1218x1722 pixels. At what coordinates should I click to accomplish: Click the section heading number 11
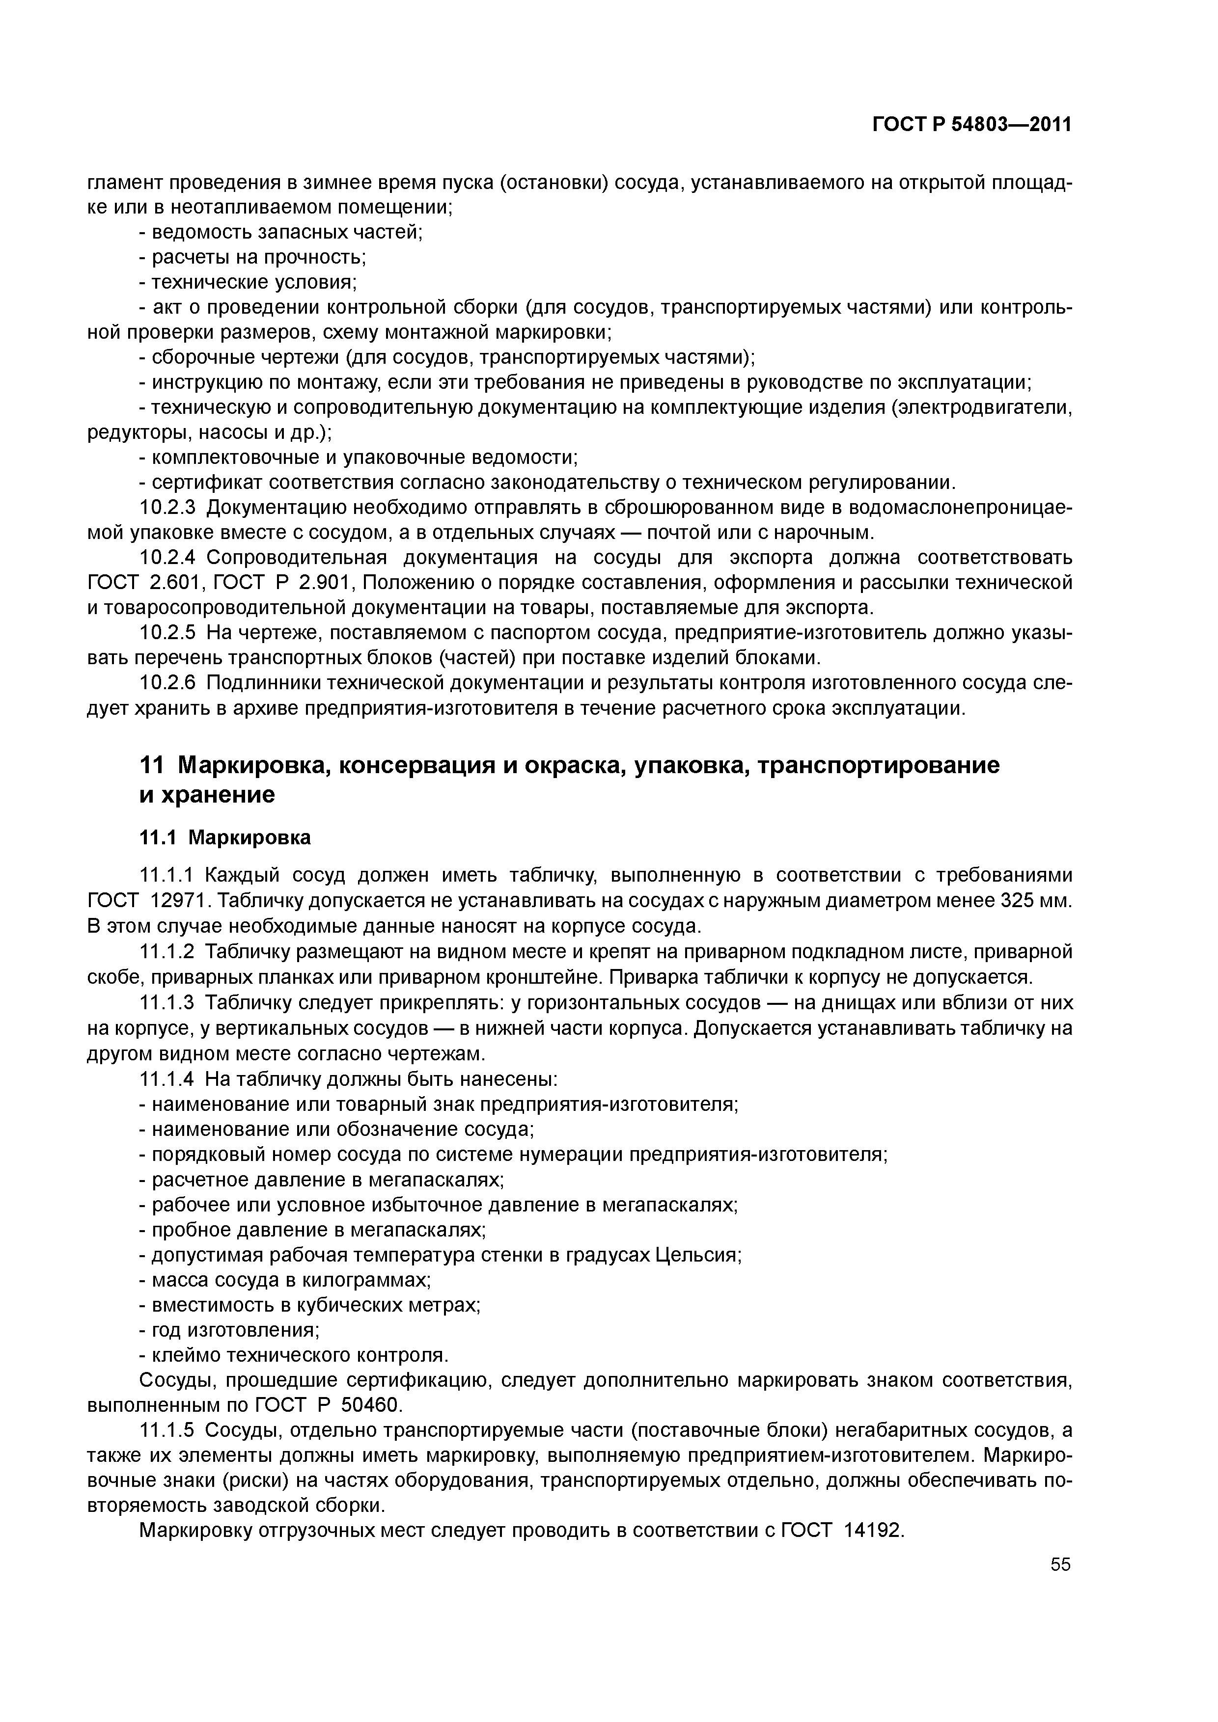click(150, 766)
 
